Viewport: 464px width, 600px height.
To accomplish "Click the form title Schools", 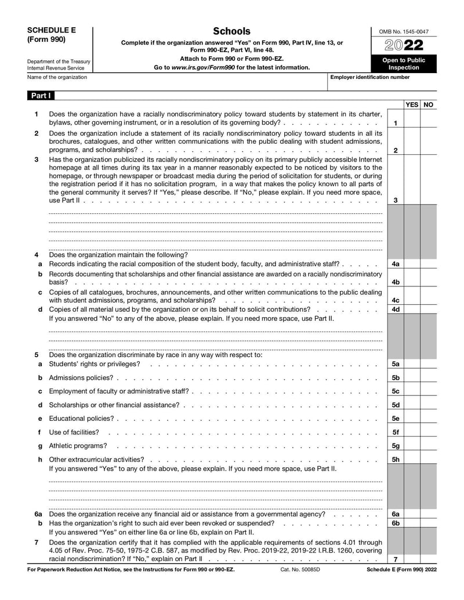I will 231,31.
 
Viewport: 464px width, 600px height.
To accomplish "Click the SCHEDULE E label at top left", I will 51,30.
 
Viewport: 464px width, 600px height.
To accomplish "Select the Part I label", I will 40,95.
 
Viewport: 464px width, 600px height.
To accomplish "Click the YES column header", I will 412,105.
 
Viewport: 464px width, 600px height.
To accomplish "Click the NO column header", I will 429,105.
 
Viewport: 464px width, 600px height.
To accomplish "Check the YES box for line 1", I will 412,123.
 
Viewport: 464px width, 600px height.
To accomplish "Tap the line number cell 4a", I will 395,264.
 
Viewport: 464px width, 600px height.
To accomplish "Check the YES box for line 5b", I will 412,378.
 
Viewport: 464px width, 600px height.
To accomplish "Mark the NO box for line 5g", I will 429,446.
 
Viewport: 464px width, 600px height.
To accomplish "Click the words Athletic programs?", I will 78,446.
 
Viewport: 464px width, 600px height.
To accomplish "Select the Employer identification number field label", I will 369,77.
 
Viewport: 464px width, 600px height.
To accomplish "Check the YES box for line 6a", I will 412,514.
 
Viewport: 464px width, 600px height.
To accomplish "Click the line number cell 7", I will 395,559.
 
